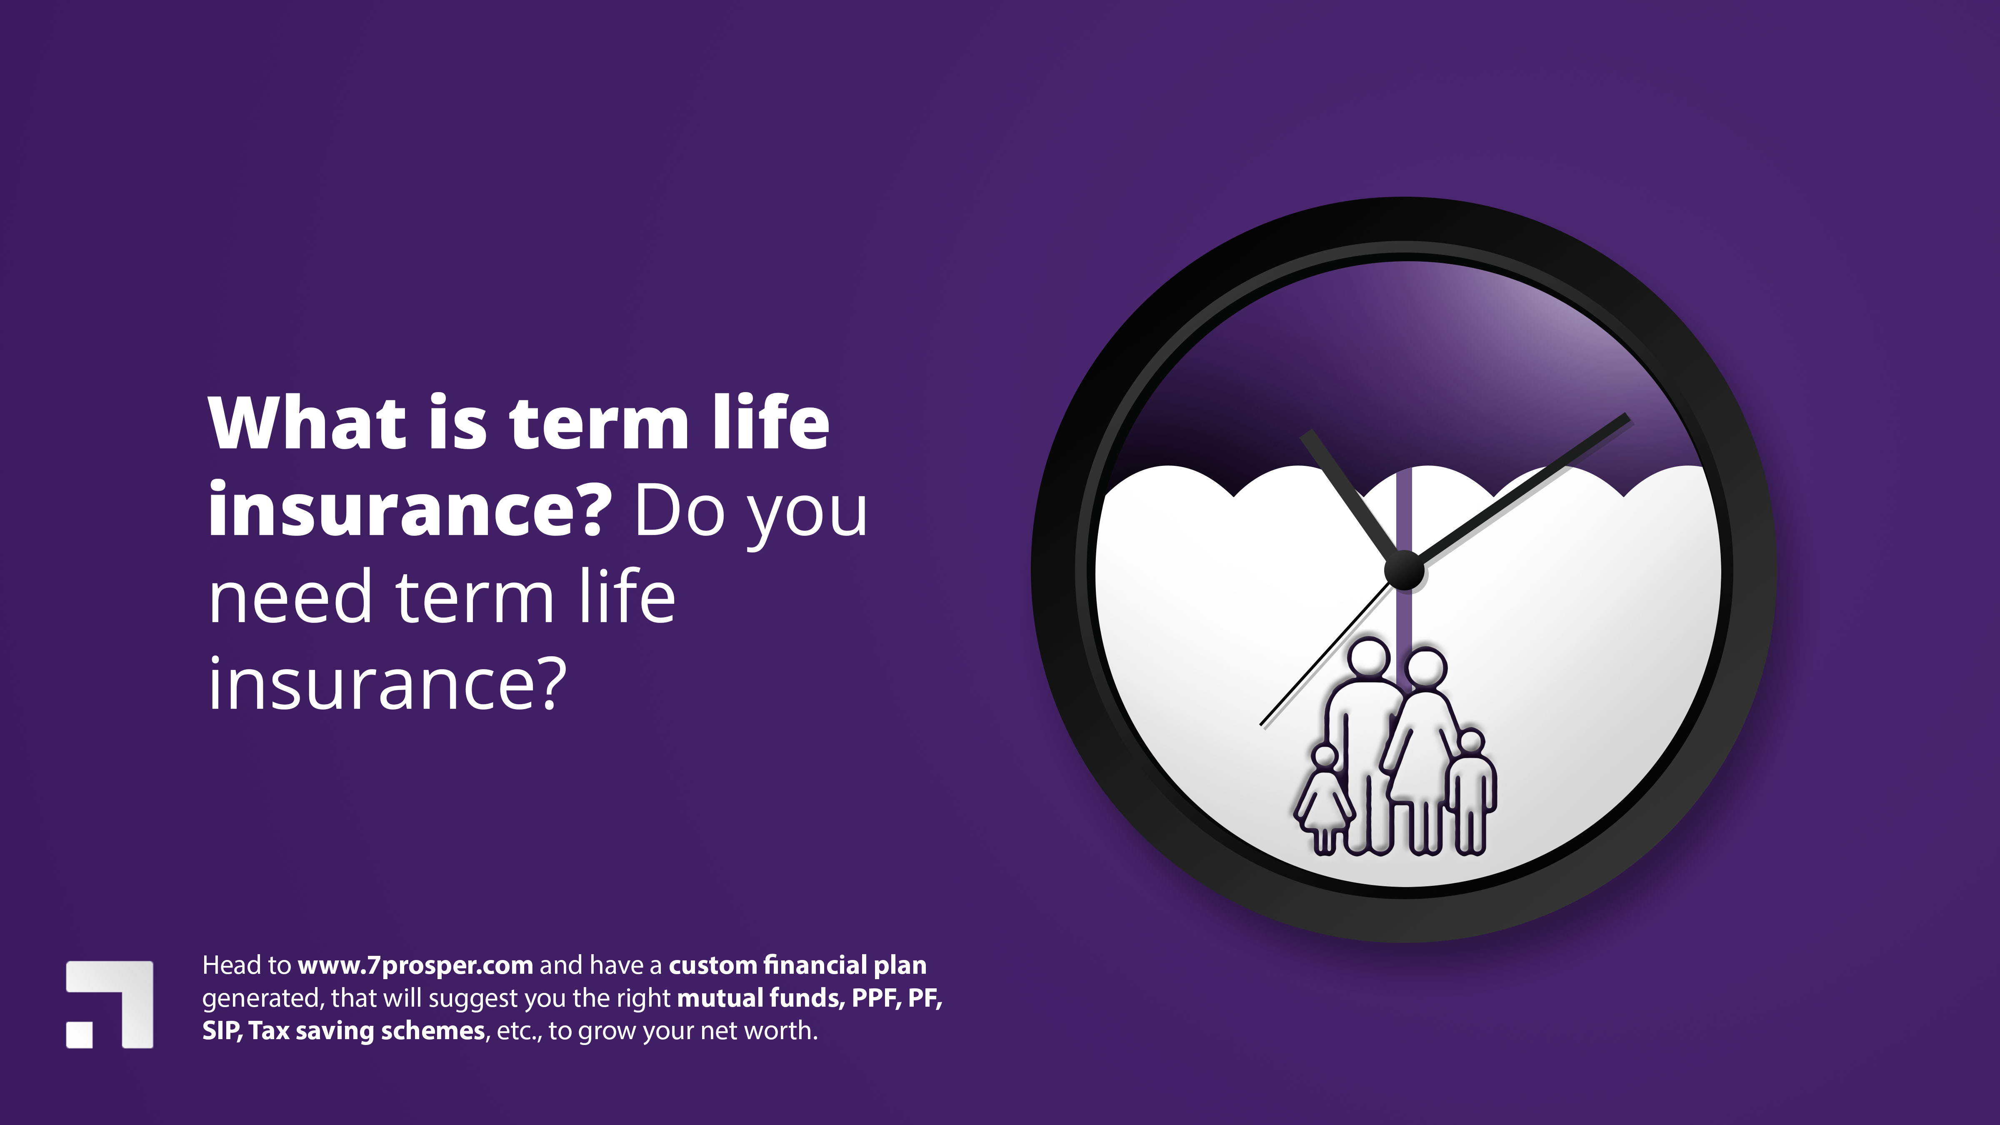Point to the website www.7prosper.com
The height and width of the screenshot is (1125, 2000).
415,965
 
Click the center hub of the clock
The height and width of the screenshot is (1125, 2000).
1405,571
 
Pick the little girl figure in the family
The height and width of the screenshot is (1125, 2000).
1324,800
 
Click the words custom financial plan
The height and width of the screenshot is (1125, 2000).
797,965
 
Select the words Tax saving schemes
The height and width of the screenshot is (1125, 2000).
367,1031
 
